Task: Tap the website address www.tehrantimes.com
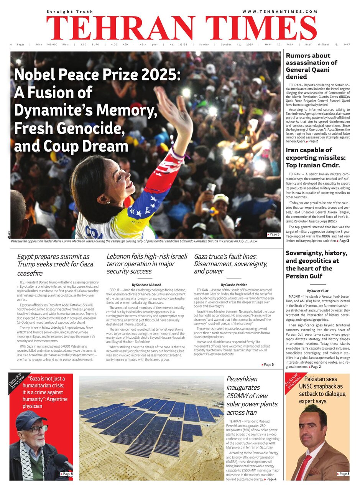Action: [x=280, y=12]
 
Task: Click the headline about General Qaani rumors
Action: [x=311, y=66]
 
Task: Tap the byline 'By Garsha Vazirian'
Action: [x=233, y=284]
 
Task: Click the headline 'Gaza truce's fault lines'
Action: [x=230, y=264]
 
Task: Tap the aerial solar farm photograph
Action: [x=151, y=428]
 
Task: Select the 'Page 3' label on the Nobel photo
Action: [x=273, y=234]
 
